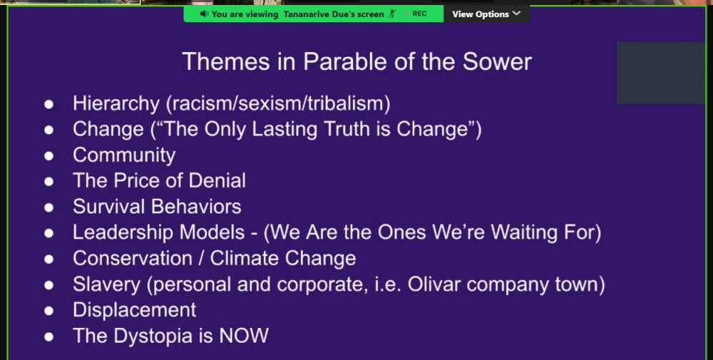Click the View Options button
(x=486, y=14)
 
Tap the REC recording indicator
(x=416, y=14)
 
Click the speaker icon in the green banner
(x=204, y=14)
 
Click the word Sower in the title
(x=497, y=62)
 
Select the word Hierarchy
(x=116, y=103)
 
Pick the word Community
(x=124, y=155)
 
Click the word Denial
(x=217, y=180)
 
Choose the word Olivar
(x=434, y=284)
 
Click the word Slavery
(x=107, y=284)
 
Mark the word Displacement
(x=135, y=310)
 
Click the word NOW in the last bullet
(x=244, y=336)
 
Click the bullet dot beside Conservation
(x=48, y=259)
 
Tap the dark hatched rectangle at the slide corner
(x=661, y=73)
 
